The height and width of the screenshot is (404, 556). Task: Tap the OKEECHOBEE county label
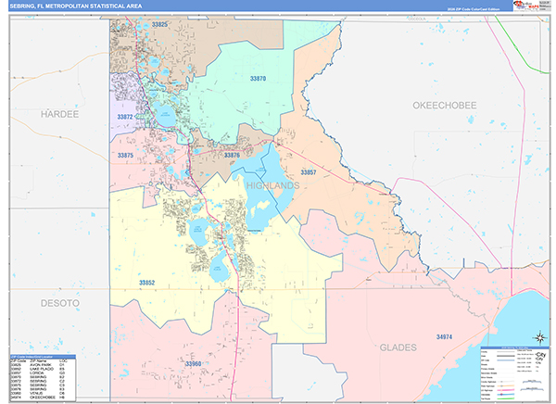click(444, 106)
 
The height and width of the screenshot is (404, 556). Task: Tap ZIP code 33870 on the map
click(258, 80)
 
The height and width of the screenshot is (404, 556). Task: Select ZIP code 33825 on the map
click(159, 23)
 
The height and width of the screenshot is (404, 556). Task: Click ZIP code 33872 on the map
click(126, 117)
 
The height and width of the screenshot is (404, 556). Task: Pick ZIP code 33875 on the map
click(126, 155)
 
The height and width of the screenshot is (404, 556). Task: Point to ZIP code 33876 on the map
click(233, 155)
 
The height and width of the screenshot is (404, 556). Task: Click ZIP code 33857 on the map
click(309, 172)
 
